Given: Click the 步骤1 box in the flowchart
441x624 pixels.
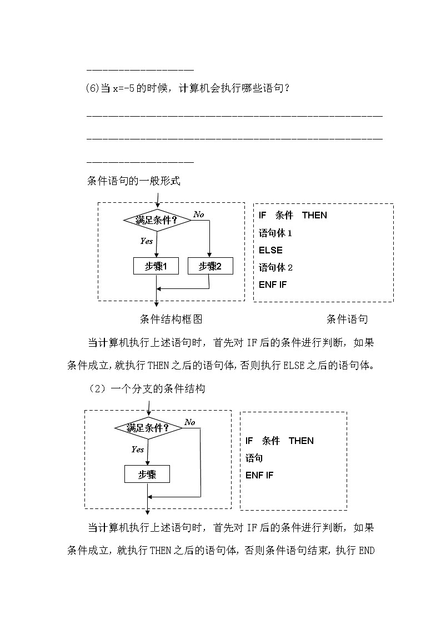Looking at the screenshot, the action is coord(156,266).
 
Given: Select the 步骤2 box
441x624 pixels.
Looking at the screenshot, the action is coord(211,266).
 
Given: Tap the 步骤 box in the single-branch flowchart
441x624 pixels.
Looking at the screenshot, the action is coord(147,474).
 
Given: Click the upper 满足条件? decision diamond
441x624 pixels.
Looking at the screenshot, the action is coord(157,221).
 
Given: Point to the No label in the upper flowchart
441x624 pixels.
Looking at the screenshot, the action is coord(198,214).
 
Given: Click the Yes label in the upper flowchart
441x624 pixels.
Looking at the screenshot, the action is coord(146,241).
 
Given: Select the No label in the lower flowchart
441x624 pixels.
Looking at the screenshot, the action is coord(190,422).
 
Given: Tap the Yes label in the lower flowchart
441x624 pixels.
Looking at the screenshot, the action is coord(137,449).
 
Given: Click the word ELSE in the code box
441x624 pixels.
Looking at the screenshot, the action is coord(270,250).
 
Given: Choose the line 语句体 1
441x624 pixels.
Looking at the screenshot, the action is coord(275,233).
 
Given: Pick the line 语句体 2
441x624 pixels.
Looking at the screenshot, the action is coord(275,267).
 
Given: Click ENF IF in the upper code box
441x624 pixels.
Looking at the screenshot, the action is coord(273,284).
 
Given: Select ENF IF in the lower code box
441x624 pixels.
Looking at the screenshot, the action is coord(259,475).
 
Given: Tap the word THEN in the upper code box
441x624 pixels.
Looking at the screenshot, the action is coord(314,215).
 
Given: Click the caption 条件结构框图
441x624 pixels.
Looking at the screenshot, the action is coord(171,319).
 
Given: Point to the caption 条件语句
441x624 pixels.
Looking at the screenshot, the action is coord(347,319).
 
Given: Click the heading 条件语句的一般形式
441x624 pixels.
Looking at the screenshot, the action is coord(134,181).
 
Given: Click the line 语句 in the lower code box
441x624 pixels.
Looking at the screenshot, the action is coord(254,458).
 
